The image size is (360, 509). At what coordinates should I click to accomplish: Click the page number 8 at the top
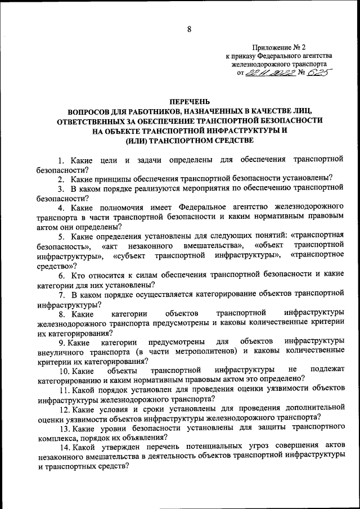[180, 28]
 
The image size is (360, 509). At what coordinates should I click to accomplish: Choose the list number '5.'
[62, 236]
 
